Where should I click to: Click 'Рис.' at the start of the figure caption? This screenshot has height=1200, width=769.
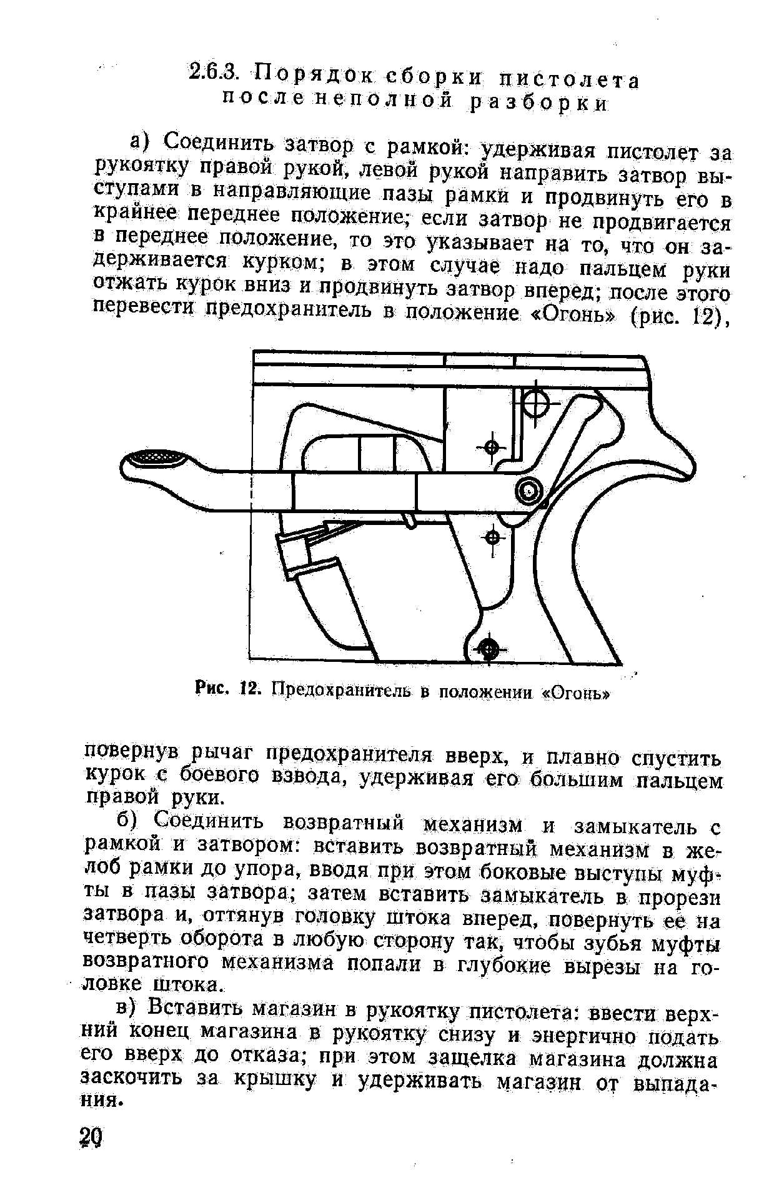[x=214, y=690]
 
